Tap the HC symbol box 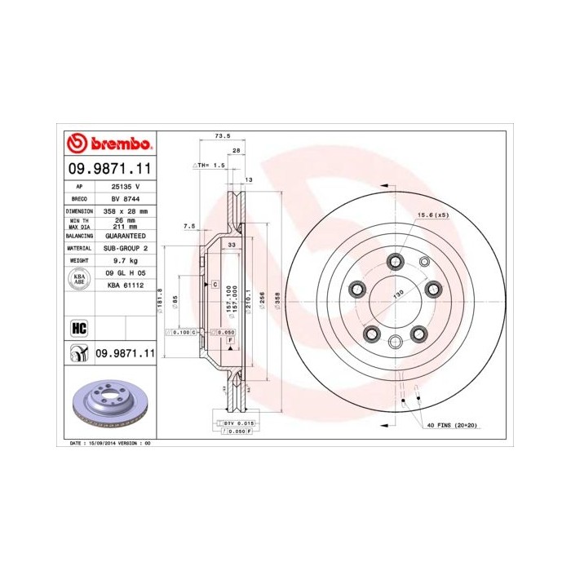coord(80,328)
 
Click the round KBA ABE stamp coord(80,279)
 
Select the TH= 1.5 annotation coord(209,165)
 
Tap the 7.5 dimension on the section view coord(189,226)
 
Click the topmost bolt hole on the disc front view coord(396,260)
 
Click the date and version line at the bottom coord(105,442)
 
